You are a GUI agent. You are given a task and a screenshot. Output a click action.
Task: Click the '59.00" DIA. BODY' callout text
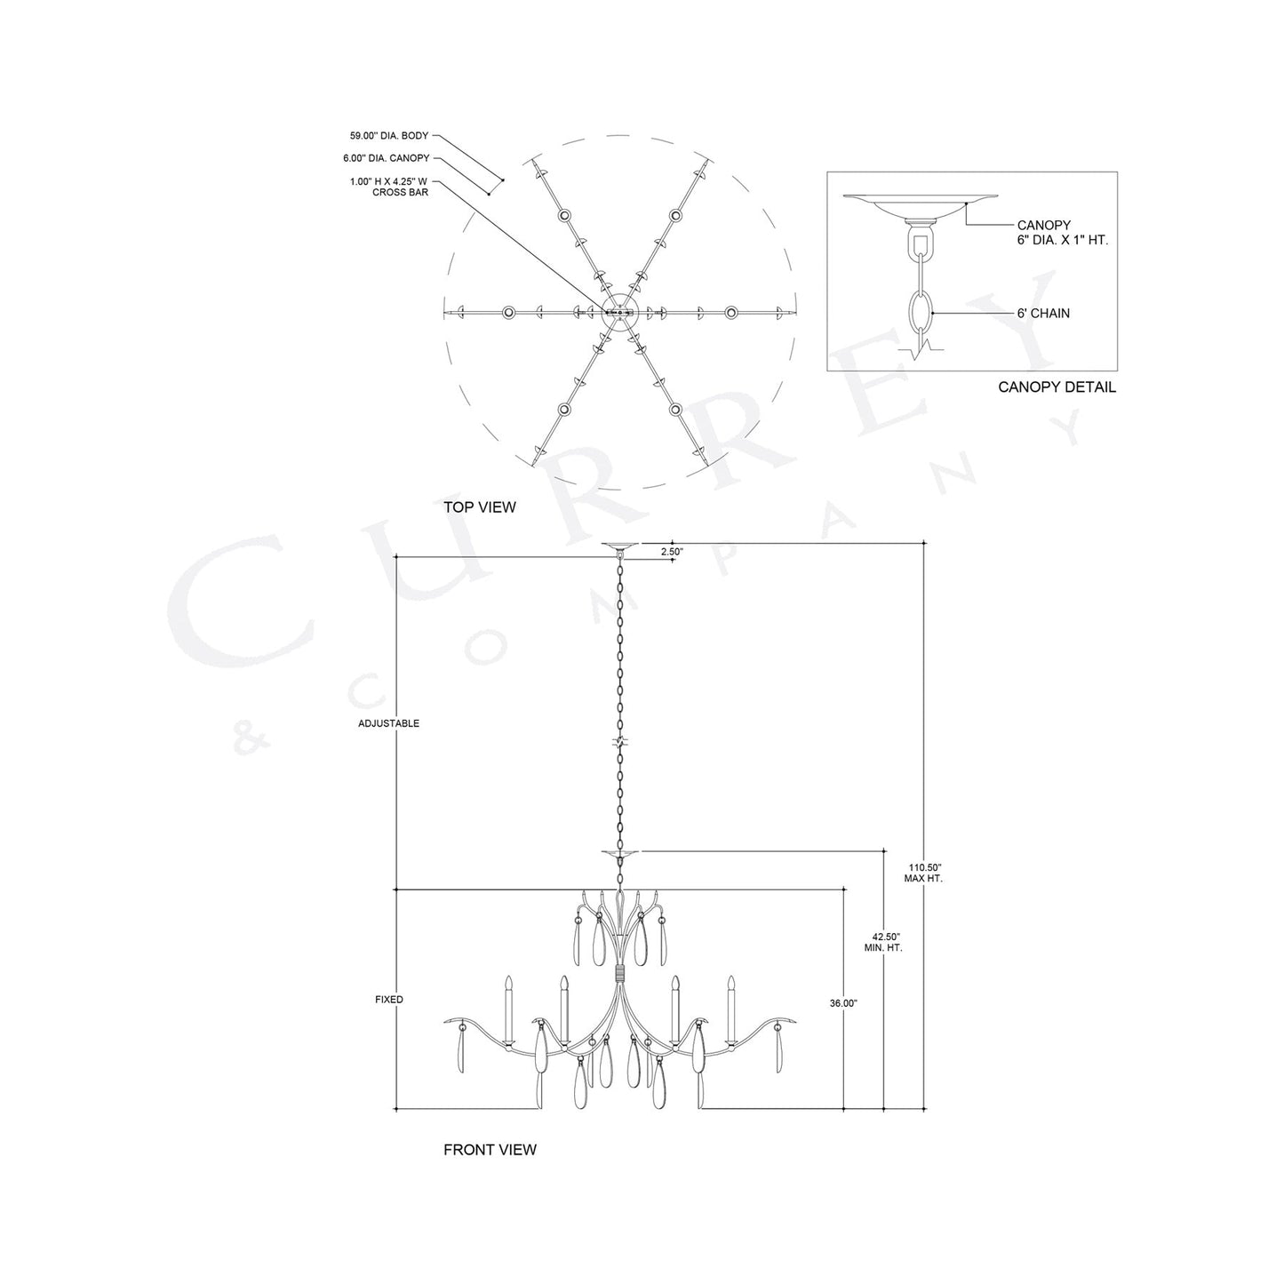tap(389, 136)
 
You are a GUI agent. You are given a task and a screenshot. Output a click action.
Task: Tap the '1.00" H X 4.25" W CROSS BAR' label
tap(389, 187)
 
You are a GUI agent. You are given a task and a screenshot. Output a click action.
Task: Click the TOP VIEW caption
tap(479, 507)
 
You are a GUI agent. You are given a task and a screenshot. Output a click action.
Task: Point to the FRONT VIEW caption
tap(490, 1150)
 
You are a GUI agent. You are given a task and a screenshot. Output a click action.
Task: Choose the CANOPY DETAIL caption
tap(1057, 387)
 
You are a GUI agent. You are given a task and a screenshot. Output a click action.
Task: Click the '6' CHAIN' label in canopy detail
tap(1044, 314)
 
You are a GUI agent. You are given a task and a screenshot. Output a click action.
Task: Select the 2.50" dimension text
tap(673, 552)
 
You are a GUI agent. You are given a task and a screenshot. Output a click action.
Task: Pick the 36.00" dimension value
tap(843, 1003)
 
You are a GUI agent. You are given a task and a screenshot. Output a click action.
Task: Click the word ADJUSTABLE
tap(388, 723)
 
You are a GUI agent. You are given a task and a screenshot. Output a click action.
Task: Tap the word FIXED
tap(389, 1000)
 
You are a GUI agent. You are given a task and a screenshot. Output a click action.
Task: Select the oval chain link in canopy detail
tap(921, 313)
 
